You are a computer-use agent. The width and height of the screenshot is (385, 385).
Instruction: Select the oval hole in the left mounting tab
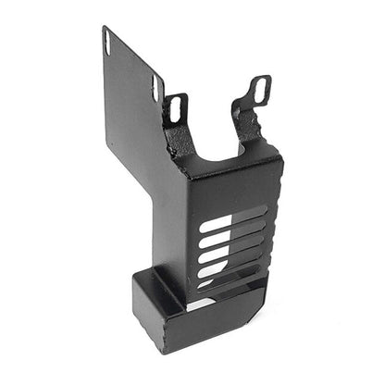click(x=175, y=108)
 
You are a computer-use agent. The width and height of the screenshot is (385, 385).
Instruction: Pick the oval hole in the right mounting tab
click(x=260, y=90)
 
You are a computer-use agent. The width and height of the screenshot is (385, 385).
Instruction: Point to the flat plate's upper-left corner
click(x=103, y=29)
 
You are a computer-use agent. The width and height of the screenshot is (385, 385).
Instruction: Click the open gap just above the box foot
click(x=207, y=302)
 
